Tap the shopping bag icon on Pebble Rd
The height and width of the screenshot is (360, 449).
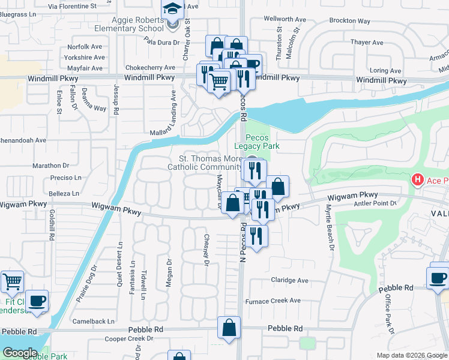tap(229, 328)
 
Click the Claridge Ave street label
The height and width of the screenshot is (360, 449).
tap(289, 280)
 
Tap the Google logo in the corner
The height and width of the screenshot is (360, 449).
tap(19, 353)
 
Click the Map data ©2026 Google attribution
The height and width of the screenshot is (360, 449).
tap(411, 355)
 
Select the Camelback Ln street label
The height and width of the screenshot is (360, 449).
tap(93, 322)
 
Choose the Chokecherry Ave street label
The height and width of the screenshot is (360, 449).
tap(150, 68)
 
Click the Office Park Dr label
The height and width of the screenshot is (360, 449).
tap(388, 312)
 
